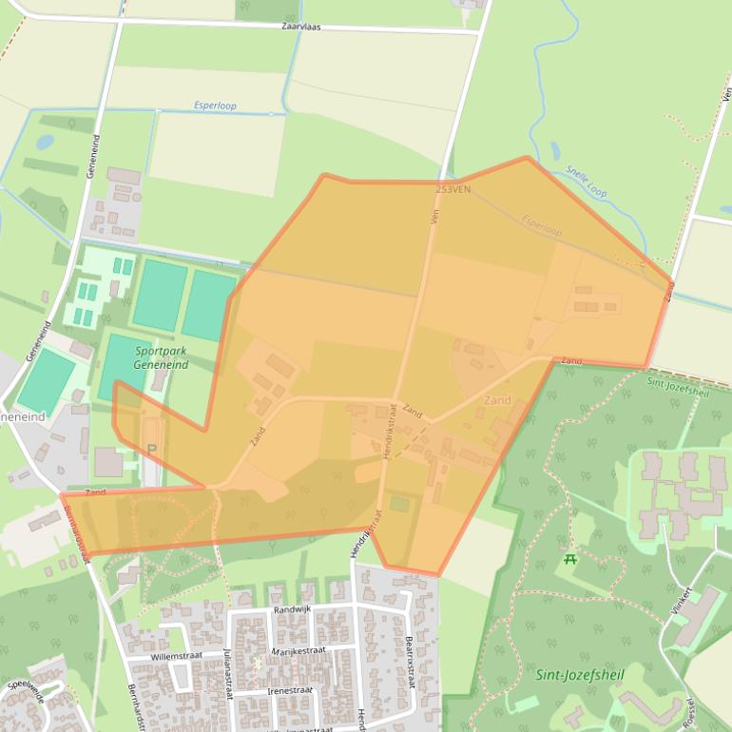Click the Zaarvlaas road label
(x=301, y=27)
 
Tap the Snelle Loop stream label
(x=586, y=181)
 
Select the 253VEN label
(x=453, y=189)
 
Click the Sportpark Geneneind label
(x=161, y=358)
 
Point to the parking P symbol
(x=150, y=449)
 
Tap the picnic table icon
(x=570, y=559)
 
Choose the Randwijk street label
(x=292, y=609)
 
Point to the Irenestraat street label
(x=291, y=690)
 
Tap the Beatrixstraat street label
(x=410, y=662)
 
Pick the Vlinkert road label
(x=681, y=603)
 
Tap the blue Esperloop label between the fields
(x=215, y=106)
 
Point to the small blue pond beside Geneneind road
(x=45, y=142)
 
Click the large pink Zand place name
(x=497, y=400)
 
